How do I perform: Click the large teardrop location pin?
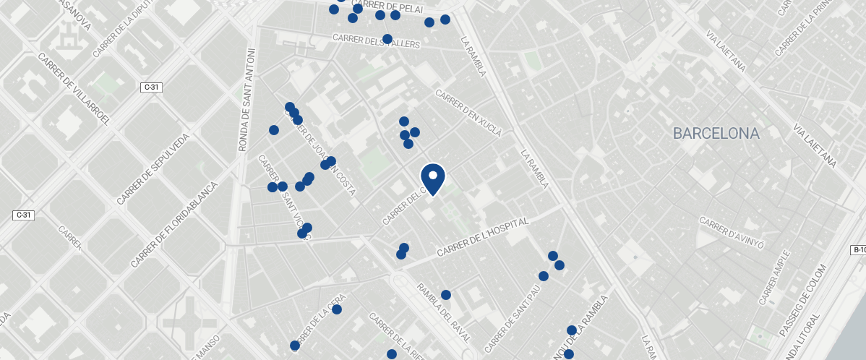pyautogui.click(x=432, y=179)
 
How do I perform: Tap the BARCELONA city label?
pyautogui.click(x=716, y=134)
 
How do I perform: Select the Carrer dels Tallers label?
pyautogui.click(x=376, y=40)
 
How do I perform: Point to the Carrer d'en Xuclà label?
pyautogui.click(x=468, y=113)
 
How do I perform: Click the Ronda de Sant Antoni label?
pyautogui.click(x=246, y=100)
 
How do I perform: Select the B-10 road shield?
pyautogui.click(x=858, y=250)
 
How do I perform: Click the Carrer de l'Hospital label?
pyautogui.click(x=484, y=236)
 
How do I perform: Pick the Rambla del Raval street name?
pyautogui.click(x=443, y=313)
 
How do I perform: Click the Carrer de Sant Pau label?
pyautogui.click(x=514, y=316)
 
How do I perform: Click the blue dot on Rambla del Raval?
pyautogui.click(x=446, y=295)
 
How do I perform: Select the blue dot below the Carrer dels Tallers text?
pyautogui.click(x=387, y=38)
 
